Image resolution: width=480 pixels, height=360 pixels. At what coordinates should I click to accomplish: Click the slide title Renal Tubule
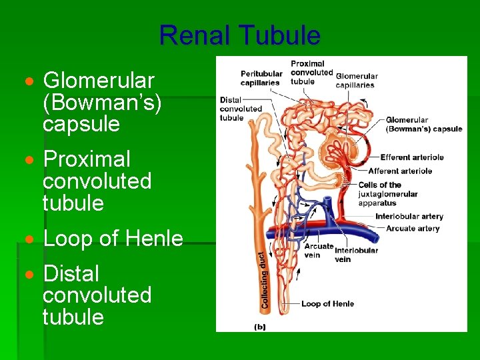click(240, 35)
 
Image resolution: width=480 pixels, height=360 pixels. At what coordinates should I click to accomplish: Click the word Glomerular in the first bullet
click(99, 81)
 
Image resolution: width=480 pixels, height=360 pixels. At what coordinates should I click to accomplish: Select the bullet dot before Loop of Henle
click(28, 239)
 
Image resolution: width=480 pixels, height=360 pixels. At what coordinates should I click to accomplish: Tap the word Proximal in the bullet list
click(87, 159)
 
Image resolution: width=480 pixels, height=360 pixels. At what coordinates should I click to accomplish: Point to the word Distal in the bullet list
click(71, 273)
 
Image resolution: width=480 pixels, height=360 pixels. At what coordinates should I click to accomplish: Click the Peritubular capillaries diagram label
click(261, 78)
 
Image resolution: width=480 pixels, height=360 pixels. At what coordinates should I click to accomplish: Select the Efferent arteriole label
click(412, 157)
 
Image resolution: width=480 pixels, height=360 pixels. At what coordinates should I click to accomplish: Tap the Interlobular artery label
click(409, 217)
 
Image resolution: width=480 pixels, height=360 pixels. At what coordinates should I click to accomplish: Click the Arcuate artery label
click(413, 228)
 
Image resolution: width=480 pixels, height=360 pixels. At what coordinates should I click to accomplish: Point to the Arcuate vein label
click(318, 250)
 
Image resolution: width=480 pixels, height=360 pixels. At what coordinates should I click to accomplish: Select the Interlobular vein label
click(357, 255)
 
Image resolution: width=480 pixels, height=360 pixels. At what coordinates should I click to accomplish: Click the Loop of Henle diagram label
click(327, 304)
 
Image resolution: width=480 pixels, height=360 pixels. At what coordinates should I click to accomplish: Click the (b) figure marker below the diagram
click(259, 327)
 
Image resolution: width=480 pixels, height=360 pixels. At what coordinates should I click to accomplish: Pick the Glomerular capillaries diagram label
click(356, 81)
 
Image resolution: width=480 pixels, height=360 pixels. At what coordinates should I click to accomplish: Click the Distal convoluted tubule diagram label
click(240, 109)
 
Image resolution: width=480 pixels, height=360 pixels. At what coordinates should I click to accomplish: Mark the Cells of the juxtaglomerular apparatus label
click(388, 193)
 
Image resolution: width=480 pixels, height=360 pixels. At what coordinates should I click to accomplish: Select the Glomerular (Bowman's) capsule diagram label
click(424, 125)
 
